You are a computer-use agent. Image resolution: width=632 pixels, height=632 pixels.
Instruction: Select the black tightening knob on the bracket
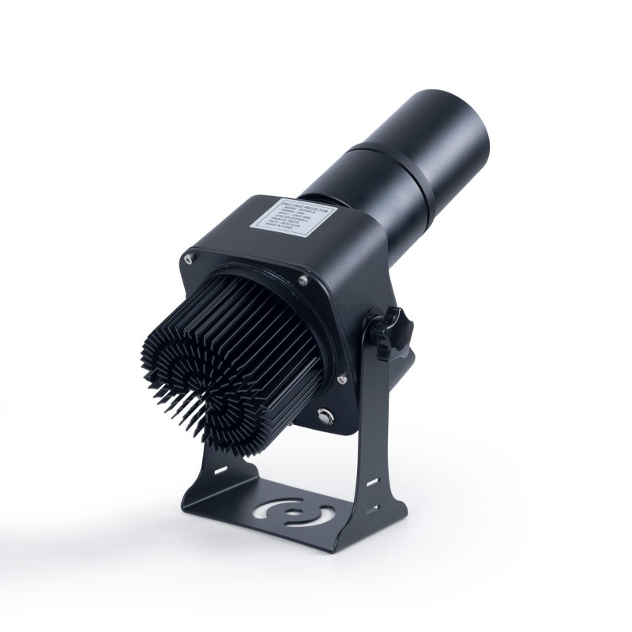[395, 325]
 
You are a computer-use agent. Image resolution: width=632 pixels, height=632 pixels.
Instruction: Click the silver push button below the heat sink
[325, 416]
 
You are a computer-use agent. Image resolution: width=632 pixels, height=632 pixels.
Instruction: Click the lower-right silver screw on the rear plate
[340, 379]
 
